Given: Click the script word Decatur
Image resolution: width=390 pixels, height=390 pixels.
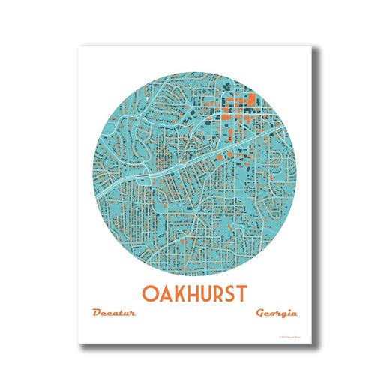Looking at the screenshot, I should coord(113,312).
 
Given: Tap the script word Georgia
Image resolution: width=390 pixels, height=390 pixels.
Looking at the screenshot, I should coord(276,312).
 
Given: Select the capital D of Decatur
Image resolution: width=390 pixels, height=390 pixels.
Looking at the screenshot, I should coord(96,312).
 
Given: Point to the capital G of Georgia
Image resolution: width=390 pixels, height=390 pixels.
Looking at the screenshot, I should coord(259,312).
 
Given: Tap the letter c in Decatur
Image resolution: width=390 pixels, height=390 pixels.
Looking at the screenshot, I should coord(109,313).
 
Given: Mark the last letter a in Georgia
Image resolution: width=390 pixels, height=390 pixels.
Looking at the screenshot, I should coord(294,313).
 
